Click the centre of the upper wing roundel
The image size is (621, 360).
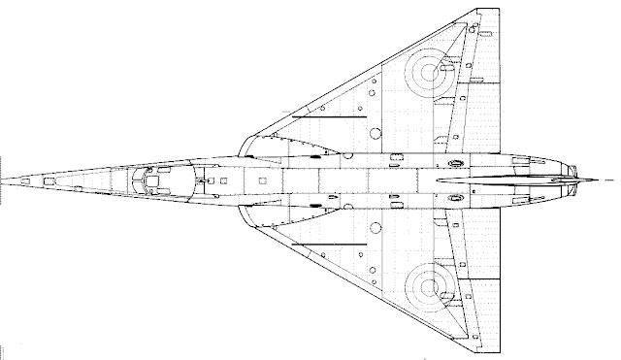coord(428,71)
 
